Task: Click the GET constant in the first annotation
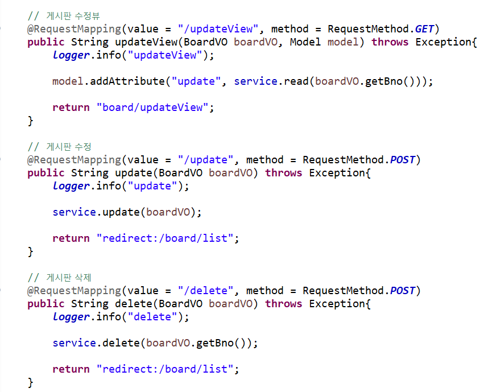click(x=427, y=29)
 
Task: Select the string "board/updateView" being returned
click(x=152, y=108)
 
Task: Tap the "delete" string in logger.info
click(x=152, y=317)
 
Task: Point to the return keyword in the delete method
click(x=71, y=369)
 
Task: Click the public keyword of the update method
click(x=46, y=173)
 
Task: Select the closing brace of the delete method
click(x=30, y=382)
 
